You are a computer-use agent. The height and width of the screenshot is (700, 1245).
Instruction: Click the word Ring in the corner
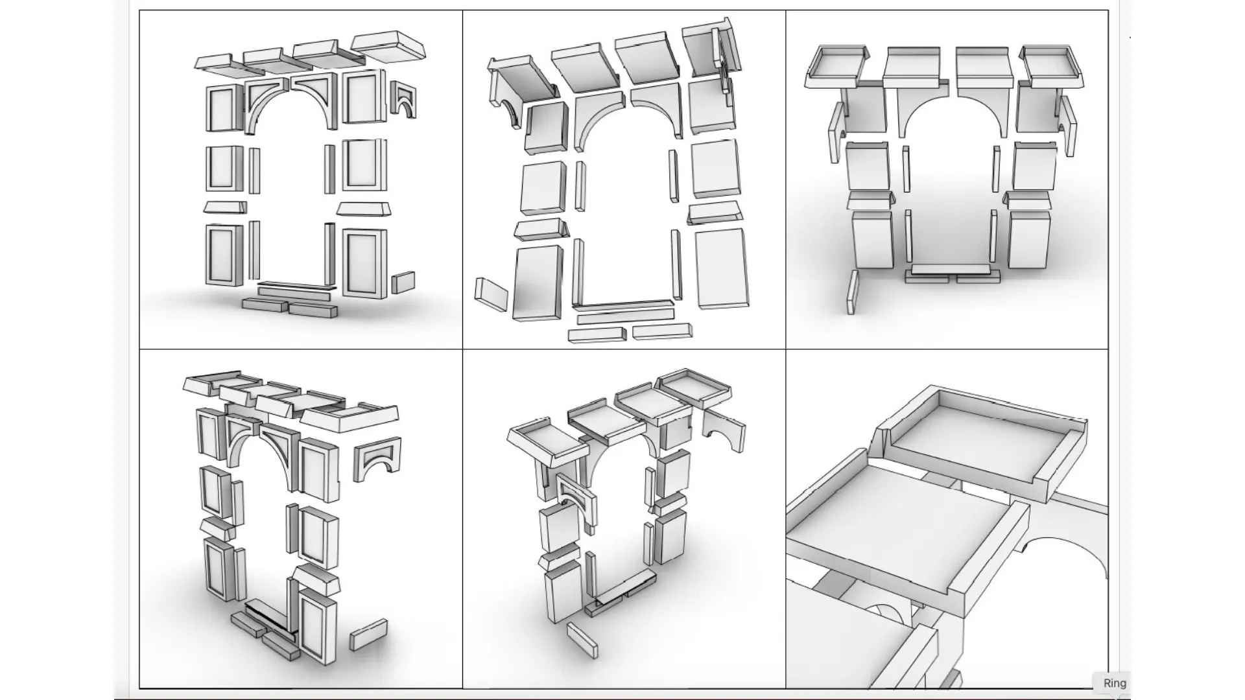tap(1115, 683)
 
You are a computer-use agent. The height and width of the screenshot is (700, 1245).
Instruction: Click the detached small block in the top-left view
tap(403, 283)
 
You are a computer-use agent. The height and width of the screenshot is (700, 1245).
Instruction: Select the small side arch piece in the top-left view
tap(403, 100)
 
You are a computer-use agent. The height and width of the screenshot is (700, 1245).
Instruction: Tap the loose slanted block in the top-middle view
tap(492, 295)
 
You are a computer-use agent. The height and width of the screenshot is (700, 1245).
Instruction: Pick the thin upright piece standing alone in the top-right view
tap(853, 292)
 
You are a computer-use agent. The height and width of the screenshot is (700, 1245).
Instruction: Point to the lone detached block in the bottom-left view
tap(368, 635)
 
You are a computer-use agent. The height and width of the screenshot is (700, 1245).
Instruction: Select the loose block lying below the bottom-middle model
tap(582, 639)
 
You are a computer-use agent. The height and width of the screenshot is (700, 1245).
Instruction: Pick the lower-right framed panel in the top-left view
tap(364, 262)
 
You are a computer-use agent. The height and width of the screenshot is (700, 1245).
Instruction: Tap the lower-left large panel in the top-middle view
tap(538, 283)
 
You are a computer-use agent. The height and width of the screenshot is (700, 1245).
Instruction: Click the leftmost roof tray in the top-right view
tap(836, 67)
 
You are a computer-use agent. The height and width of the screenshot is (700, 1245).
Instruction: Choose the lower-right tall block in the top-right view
tap(1028, 239)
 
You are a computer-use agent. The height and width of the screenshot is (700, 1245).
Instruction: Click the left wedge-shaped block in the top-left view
tap(225, 207)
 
